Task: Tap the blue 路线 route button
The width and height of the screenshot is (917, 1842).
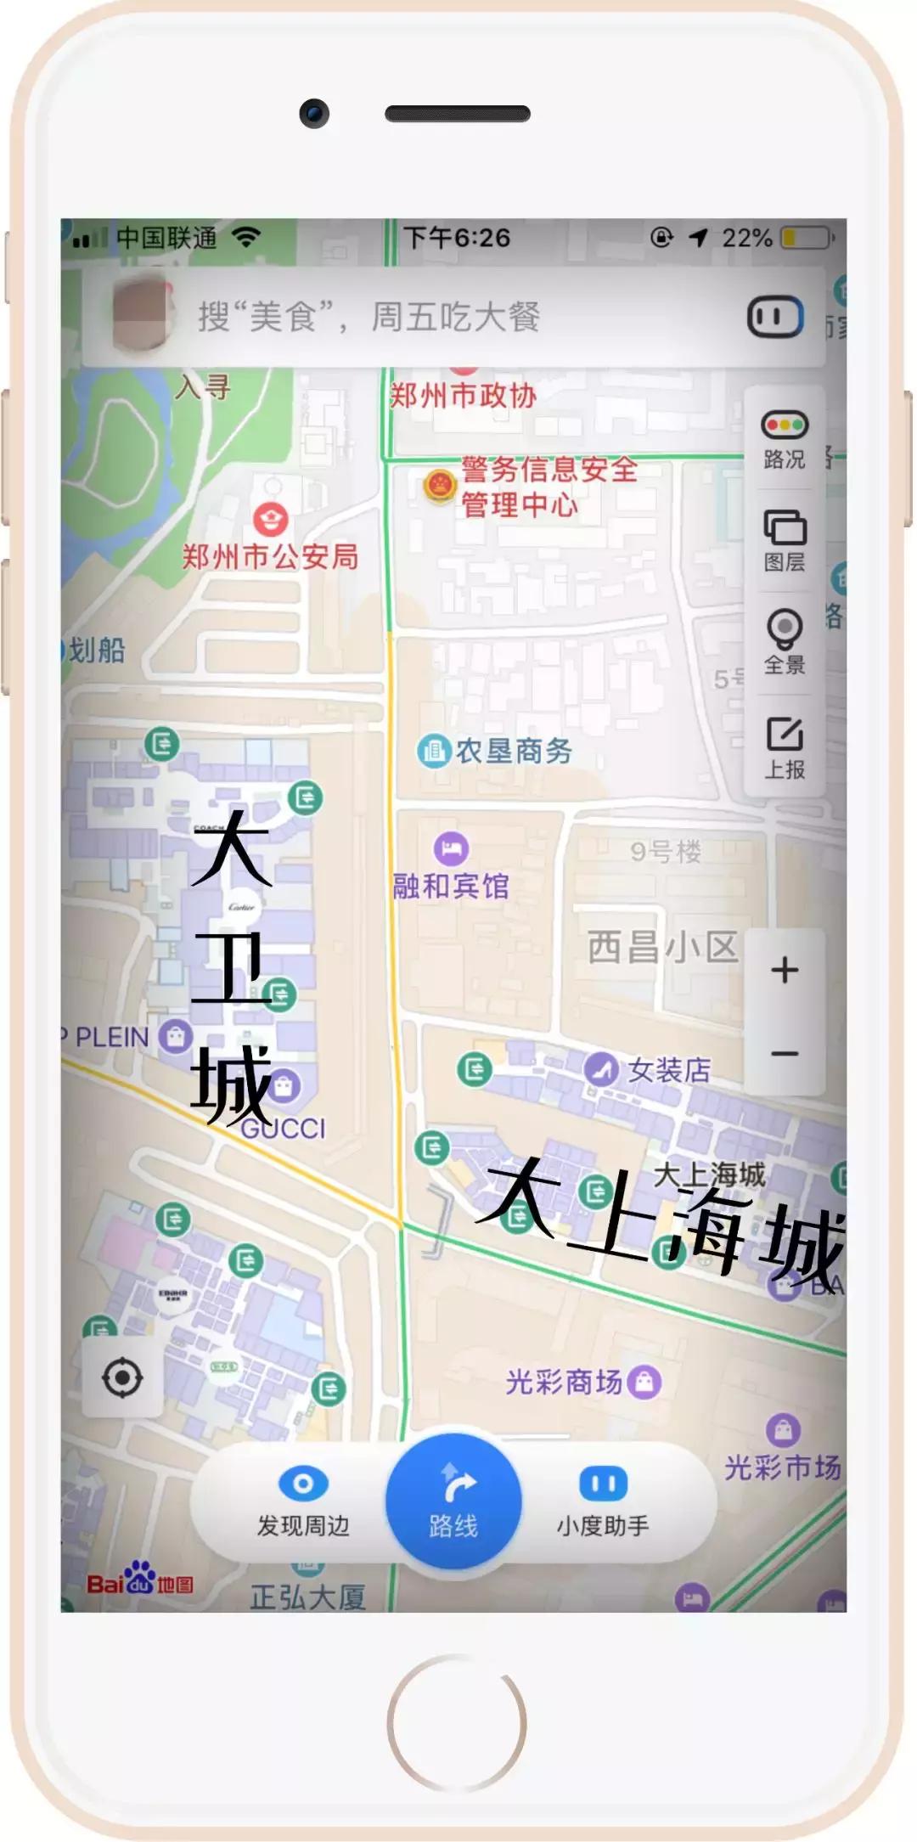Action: click(x=453, y=1501)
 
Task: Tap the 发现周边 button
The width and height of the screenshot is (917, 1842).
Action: click(x=303, y=1501)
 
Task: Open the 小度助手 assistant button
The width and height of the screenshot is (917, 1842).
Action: click(x=603, y=1501)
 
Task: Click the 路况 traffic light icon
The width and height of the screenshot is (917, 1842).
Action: click(x=785, y=425)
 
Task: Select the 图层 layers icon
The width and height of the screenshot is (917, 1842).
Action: click(x=785, y=528)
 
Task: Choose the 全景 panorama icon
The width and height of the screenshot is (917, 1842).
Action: click(x=785, y=630)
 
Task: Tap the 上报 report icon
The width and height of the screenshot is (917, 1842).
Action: click(x=785, y=735)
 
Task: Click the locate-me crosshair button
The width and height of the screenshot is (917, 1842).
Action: click(x=122, y=1377)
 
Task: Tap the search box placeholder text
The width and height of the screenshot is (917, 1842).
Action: click(x=368, y=318)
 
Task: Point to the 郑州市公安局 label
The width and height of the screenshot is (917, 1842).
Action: click(x=270, y=557)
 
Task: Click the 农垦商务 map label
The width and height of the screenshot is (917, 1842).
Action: click(x=514, y=751)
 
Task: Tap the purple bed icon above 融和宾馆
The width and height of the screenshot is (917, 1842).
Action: click(x=451, y=848)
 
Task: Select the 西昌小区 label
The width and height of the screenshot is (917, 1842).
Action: click(x=662, y=947)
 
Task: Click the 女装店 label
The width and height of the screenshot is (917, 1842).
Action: click(x=669, y=1070)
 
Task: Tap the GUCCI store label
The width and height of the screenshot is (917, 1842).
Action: click(x=284, y=1129)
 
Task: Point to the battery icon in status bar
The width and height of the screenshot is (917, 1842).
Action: click(x=805, y=238)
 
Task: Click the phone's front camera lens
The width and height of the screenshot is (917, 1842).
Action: click(x=314, y=113)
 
